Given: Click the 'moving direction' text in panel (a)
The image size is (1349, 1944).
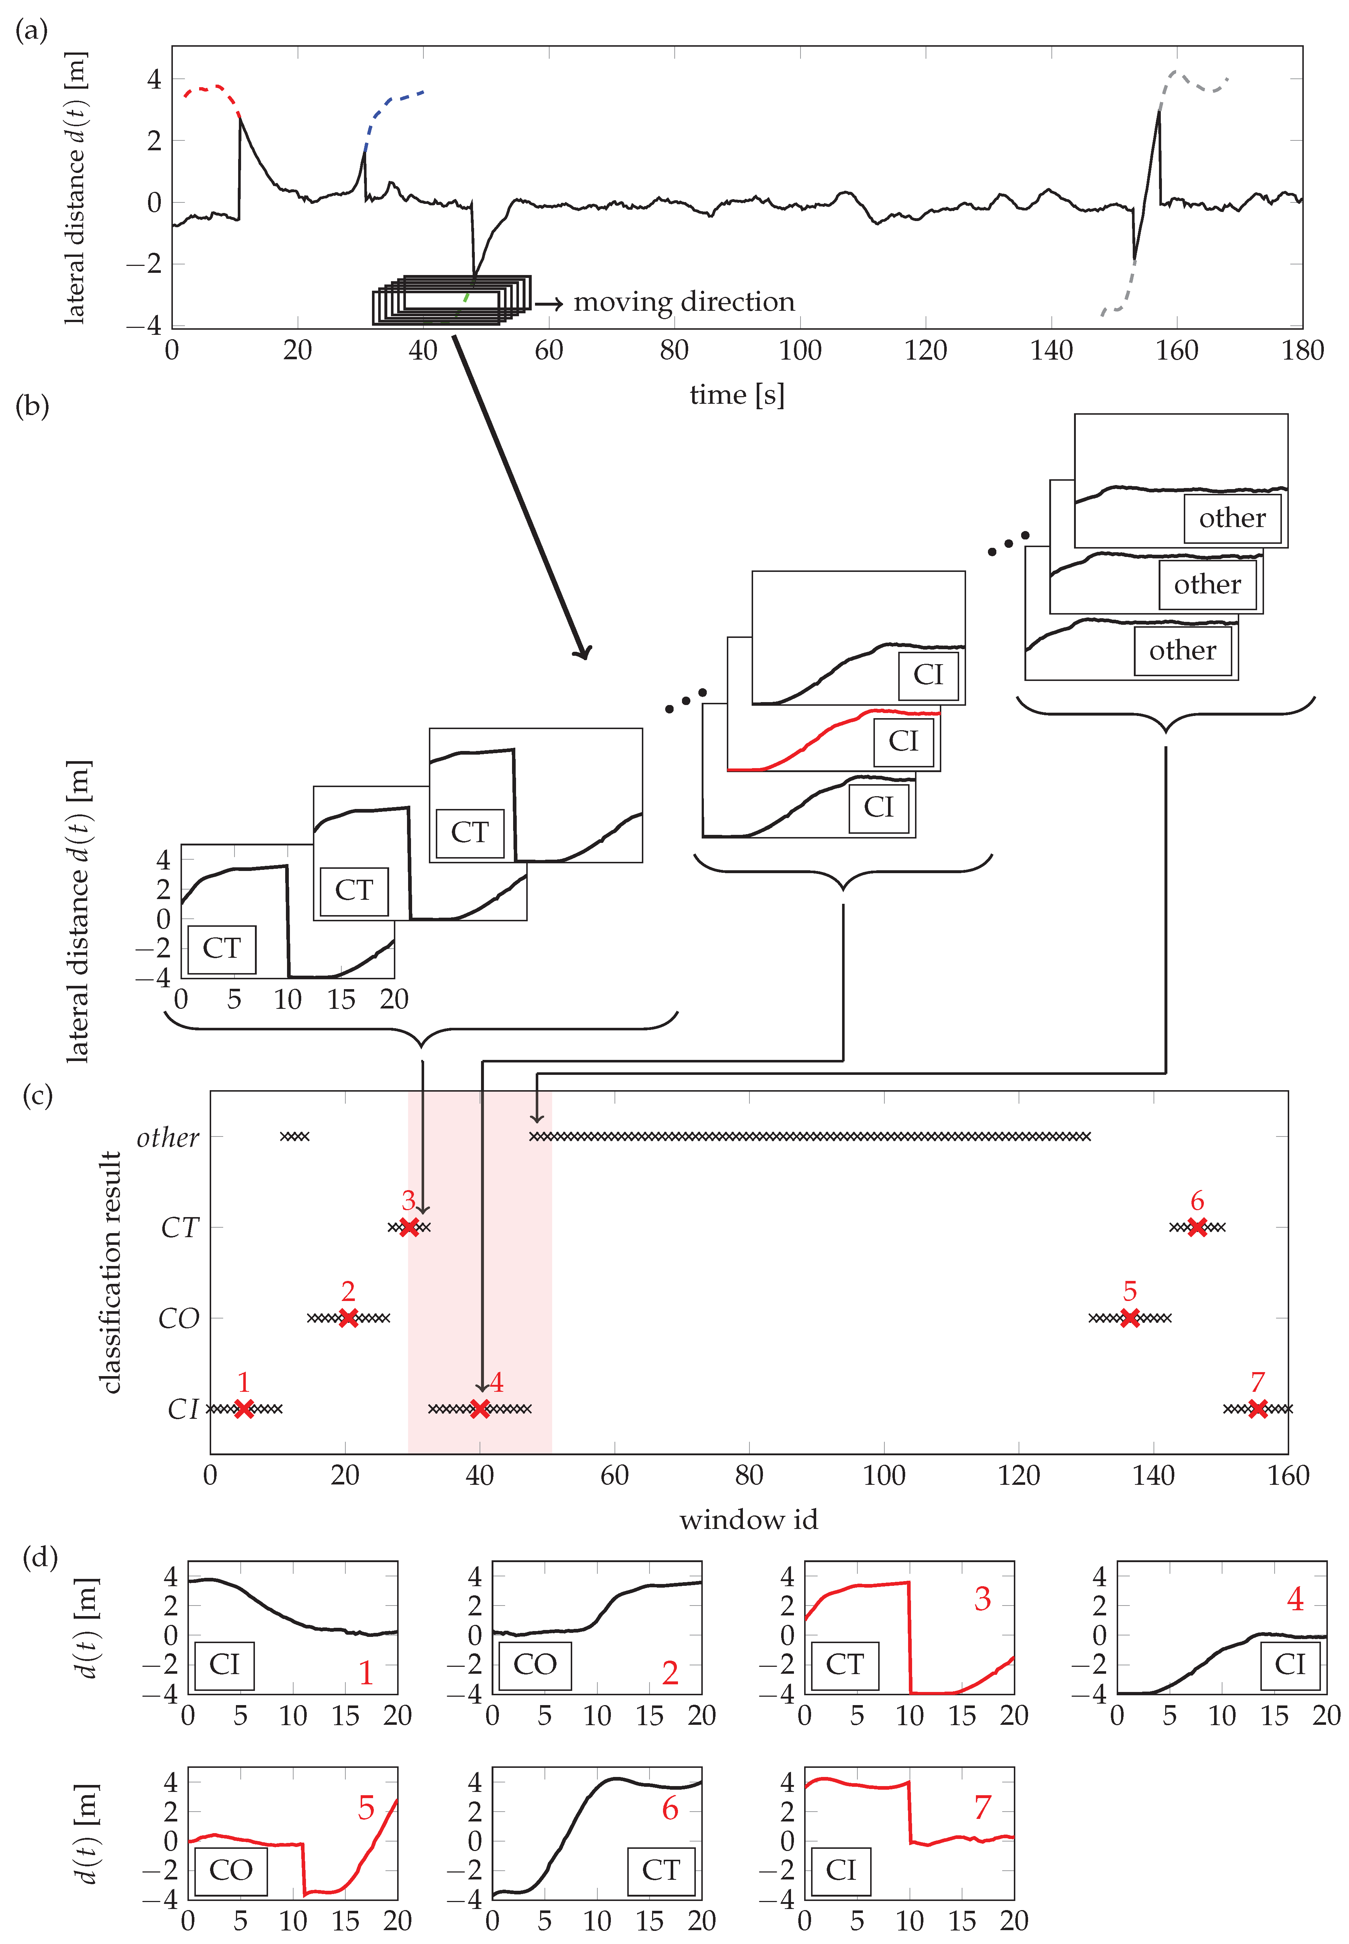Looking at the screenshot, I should (684, 302).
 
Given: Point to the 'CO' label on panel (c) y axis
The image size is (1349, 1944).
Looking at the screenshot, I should (178, 1318).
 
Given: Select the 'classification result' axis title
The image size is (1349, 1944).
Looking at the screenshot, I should (111, 1272).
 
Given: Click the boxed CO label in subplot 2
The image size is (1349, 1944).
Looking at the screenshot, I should (535, 1665).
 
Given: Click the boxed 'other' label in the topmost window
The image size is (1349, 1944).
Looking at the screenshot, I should (1232, 518).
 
